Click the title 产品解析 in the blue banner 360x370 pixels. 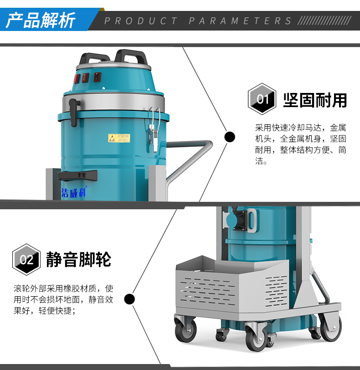coord(41,21)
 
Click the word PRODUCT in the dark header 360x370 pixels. coord(141,21)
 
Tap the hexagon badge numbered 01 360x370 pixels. coord(262,98)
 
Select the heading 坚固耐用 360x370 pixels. coord(315,100)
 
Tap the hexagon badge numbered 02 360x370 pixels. coord(26,259)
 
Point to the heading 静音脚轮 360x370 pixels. coord(79,260)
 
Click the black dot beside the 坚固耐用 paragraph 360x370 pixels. coord(230,136)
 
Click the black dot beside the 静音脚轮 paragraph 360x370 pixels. coord(130,299)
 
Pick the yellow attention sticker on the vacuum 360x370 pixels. coord(118,138)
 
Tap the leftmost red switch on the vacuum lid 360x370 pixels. coord(77,78)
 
